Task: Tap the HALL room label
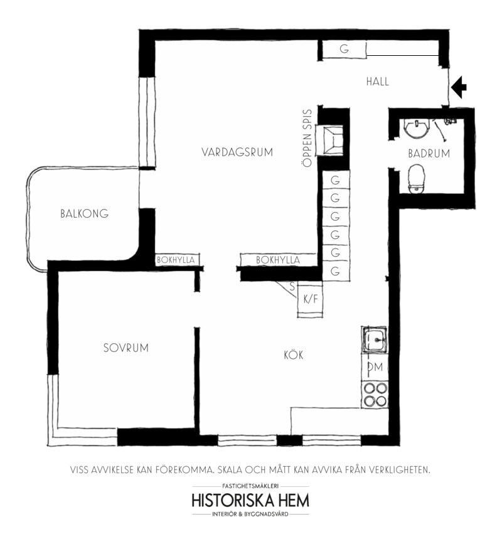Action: [378, 82]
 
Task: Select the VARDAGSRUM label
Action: [237, 152]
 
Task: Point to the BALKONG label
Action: [84, 213]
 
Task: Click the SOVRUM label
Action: [126, 348]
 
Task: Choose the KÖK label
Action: [294, 355]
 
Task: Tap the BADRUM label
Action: [429, 153]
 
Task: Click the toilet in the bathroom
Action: [416, 179]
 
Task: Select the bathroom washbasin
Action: [416, 129]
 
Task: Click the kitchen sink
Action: [375, 339]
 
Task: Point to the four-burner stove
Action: [375, 395]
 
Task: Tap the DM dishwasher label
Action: [375, 366]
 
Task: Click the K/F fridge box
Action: [311, 299]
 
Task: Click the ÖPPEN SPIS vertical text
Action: [307, 138]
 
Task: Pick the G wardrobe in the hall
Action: [344, 49]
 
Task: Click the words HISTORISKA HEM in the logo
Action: [250, 501]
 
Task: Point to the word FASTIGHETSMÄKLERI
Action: [250, 486]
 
